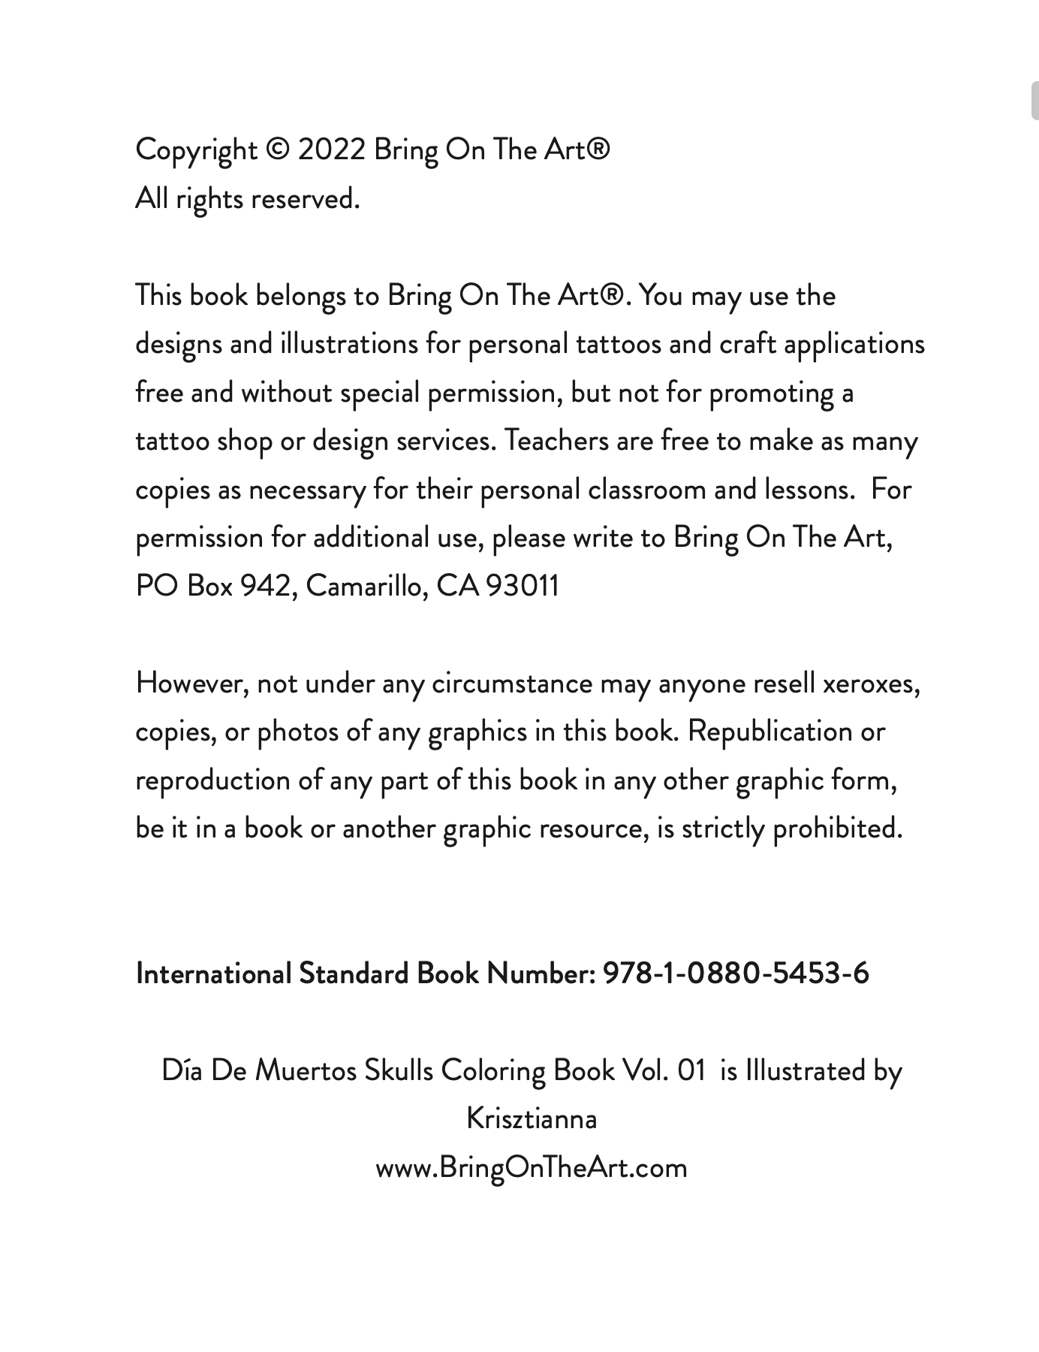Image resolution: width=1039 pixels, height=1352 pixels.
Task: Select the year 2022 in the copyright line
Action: coord(331,150)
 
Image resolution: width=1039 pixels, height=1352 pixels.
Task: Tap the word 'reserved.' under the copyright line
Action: coord(305,199)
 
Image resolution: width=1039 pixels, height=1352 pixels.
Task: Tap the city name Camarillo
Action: coord(367,586)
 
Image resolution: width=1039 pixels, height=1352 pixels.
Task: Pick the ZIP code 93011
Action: coord(523,586)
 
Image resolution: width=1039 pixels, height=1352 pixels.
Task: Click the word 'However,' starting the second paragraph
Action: coord(192,684)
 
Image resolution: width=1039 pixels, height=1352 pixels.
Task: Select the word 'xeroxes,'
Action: coord(872,684)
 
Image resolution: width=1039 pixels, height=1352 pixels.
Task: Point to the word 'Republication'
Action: coord(770,732)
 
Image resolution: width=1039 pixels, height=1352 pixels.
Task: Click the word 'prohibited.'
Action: coord(838,828)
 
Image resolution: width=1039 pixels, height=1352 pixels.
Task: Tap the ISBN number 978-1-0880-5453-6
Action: coord(736,973)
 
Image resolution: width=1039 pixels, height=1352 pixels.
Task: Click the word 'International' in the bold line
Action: coord(213,973)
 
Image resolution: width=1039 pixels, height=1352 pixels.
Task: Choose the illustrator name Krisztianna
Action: coord(532,1119)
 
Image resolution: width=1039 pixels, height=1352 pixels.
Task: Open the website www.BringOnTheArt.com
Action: coord(532,1168)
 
